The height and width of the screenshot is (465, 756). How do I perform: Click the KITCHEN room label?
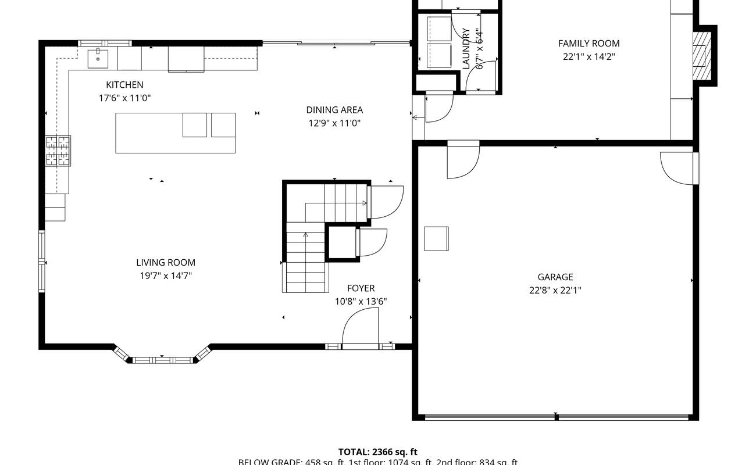(124, 85)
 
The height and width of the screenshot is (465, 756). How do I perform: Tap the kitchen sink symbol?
(98, 58)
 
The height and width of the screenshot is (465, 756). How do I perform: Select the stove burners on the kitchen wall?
(58, 151)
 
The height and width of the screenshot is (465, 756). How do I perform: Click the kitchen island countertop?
(149, 133)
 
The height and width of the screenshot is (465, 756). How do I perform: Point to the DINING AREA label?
(334, 110)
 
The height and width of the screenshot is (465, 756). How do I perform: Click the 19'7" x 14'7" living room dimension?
(165, 276)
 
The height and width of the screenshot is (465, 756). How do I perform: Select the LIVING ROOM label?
(166, 263)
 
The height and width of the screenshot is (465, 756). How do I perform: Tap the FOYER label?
(361, 288)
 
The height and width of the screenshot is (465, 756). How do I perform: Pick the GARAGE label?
(555, 277)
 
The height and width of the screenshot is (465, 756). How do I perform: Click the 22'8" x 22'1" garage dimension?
(555, 291)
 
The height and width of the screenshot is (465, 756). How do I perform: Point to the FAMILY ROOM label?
(589, 44)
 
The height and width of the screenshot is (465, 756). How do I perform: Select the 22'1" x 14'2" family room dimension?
(589, 57)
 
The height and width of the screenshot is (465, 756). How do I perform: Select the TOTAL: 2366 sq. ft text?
(378, 452)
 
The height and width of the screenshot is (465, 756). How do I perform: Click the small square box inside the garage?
(436, 238)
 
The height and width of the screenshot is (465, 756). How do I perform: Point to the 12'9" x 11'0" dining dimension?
(334, 123)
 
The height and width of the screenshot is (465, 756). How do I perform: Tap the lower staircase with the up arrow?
(305, 262)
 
